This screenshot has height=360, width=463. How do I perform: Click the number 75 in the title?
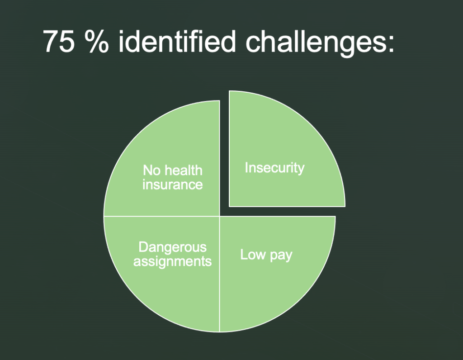(x=58, y=41)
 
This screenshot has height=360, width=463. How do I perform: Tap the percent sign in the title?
(x=96, y=41)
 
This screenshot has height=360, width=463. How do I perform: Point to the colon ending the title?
(x=391, y=44)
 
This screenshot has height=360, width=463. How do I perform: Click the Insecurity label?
(x=274, y=168)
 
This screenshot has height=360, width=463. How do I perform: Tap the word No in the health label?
(x=151, y=171)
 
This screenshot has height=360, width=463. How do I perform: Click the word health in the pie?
(x=183, y=171)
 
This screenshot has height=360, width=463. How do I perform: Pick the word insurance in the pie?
(x=172, y=185)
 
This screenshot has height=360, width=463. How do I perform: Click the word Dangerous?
(x=172, y=247)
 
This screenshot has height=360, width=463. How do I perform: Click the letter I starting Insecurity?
(x=246, y=168)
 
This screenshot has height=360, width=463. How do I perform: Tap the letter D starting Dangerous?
(x=143, y=247)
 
